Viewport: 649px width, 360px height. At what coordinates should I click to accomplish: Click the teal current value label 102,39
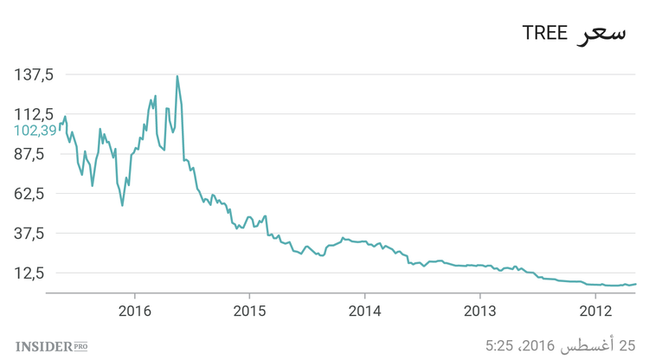coord(35,131)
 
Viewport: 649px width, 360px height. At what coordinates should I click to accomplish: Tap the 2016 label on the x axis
coord(135,310)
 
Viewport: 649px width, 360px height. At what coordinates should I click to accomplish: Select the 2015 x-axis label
coord(250,310)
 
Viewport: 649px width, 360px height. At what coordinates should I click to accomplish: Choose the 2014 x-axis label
coord(365,310)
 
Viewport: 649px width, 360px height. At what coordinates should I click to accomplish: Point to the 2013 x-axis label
coord(480,310)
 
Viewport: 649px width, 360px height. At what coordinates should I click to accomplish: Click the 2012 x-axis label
coord(595,310)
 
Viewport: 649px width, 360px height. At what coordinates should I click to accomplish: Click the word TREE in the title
coord(544,34)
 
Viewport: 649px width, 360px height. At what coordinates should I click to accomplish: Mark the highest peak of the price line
coord(177,76)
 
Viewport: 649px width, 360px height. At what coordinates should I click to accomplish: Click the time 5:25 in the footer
coord(502,346)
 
